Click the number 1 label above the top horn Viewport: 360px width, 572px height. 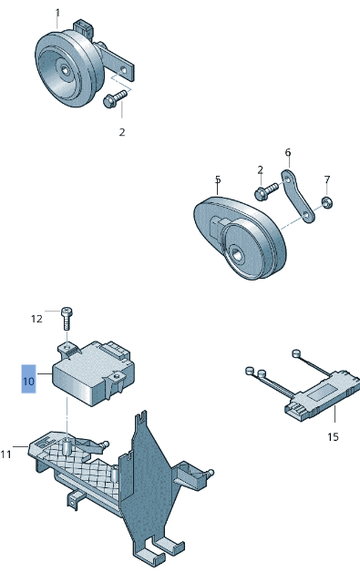[57, 13]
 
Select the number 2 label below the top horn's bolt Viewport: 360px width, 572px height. [121, 132]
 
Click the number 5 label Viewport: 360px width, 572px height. [218, 179]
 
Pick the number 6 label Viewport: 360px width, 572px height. [287, 152]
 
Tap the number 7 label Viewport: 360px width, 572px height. [327, 179]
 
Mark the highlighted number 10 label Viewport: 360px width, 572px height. [29, 380]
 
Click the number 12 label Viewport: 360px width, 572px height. [36, 319]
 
